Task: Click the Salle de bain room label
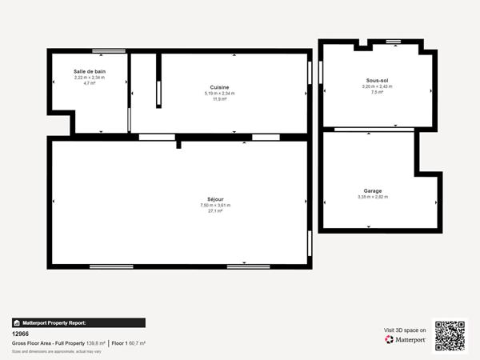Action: pos(89,71)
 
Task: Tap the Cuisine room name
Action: pos(219,87)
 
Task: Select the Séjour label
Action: pos(215,199)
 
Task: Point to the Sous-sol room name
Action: pos(377,81)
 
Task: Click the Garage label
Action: pos(372,190)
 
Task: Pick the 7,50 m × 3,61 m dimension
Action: pos(215,206)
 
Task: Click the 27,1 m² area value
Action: pos(215,211)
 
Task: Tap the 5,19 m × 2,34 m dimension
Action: pos(219,94)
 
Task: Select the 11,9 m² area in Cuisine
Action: pos(219,99)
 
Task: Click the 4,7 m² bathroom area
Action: pos(89,82)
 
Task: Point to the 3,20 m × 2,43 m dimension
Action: pos(377,86)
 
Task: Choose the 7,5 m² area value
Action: pos(377,92)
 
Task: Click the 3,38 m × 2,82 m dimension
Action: pos(372,197)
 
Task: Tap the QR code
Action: pos(449,335)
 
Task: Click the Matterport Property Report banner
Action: pos(78,323)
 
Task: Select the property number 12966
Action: pos(21,334)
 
